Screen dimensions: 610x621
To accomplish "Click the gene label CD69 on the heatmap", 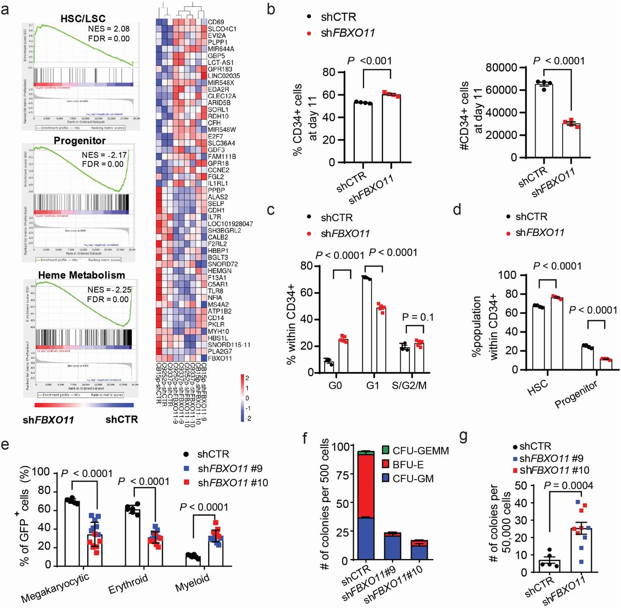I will click(x=216, y=22).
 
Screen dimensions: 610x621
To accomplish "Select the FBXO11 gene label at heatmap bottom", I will click(x=220, y=358).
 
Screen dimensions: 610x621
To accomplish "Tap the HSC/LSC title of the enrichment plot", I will click(x=83, y=19).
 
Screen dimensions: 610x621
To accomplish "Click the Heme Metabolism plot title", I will click(x=82, y=275).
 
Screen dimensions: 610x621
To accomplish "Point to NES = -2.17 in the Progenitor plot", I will click(x=104, y=155).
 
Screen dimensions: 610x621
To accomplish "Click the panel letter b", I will click(x=271, y=9).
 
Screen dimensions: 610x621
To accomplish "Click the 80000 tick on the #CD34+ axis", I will click(x=501, y=67).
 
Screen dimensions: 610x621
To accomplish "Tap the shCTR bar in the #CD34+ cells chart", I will click(x=543, y=121).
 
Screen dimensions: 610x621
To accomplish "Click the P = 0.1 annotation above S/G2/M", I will click(x=418, y=317).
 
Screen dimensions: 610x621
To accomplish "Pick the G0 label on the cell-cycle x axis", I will click(x=335, y=386).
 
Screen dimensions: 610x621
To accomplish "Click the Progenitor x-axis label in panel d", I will click(x=576, y=394).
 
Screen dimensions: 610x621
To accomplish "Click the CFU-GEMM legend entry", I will click(x=420, y=450).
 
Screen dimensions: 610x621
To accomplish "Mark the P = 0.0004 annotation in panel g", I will click(x=568, y=485).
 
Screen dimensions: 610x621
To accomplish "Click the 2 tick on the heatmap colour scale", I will click(x=247, y=378).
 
